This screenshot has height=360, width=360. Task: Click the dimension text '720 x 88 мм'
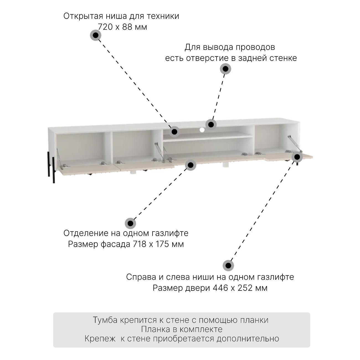point(122,27)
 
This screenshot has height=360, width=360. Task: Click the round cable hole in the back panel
point(202,130)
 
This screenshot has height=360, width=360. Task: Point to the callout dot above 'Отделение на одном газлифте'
point(130,223)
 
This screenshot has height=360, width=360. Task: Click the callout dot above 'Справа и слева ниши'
point(228,266)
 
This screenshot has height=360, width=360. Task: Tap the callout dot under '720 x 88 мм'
point(96,35)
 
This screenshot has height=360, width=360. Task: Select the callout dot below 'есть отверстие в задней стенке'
point(225,69)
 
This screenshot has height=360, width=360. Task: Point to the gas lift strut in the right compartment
point(292,143)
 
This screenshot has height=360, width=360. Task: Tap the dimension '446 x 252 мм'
point(240,288)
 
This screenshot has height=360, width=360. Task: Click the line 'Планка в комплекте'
point(182,329)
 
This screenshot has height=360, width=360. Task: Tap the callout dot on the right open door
point(297,157)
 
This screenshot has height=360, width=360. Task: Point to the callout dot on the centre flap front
point(191,165)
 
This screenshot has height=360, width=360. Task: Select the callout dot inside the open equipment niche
point(174,131)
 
